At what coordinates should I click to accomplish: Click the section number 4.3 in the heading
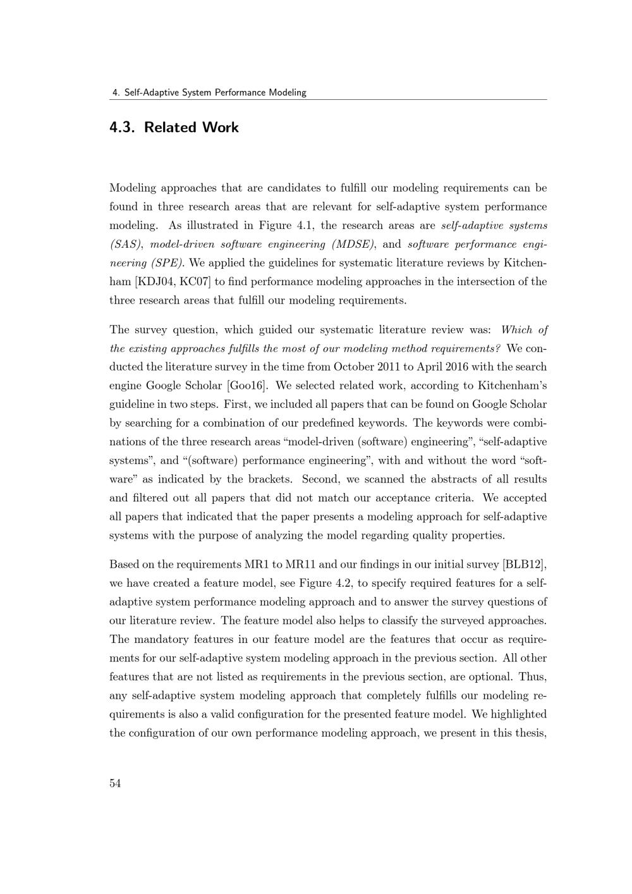(123, 128)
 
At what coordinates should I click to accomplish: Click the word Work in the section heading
(221, 128)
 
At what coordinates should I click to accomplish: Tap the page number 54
(115, 783)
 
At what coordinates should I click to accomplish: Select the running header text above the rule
(209, 92)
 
